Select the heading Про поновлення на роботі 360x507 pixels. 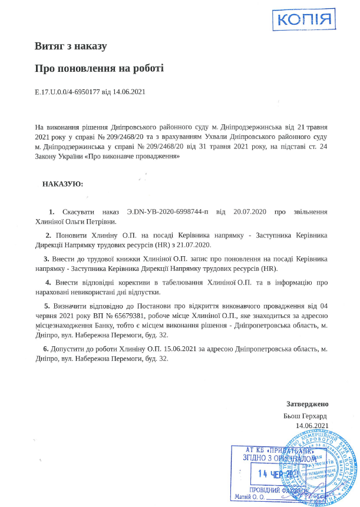click(x=99, y=68)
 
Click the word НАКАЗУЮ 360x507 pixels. click(x=62, y=184)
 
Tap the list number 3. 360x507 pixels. click(x=46, y=259)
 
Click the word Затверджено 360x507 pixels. click(x=307, y=404)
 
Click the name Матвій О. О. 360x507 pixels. click(x=251, y=496)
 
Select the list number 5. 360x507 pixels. click(x=47, y=306)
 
